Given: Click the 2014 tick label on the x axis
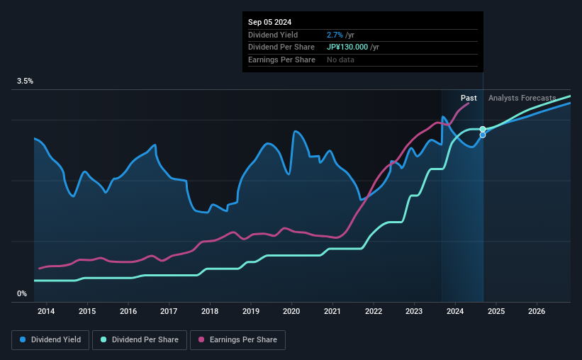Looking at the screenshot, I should pos(46,311).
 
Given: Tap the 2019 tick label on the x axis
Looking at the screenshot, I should pos(251,311).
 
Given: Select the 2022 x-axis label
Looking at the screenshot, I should pos(374,311).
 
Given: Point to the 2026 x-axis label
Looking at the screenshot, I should pos(537,311).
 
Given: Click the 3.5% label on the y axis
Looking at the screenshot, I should pos(26,81).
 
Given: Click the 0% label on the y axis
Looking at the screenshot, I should pos(22,293).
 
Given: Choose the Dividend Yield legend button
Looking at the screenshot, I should pos(50,340).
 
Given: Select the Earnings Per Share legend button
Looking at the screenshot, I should pos(237,340).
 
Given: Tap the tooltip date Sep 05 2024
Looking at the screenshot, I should pos(271,21).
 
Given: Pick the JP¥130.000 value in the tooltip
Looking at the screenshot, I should pos(348,47).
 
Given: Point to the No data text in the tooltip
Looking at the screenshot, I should pos(340,60).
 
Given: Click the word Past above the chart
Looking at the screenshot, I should pos(469,98).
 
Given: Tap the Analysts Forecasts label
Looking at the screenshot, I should pos(522,98).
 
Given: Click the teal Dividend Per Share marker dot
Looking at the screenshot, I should pos(483,129).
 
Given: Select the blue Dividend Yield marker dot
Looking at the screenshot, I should pos(483,135).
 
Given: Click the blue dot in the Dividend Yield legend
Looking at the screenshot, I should pos(23,340).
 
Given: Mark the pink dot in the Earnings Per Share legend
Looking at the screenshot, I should pos(202,340).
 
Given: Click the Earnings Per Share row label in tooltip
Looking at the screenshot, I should pos(281,60).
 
